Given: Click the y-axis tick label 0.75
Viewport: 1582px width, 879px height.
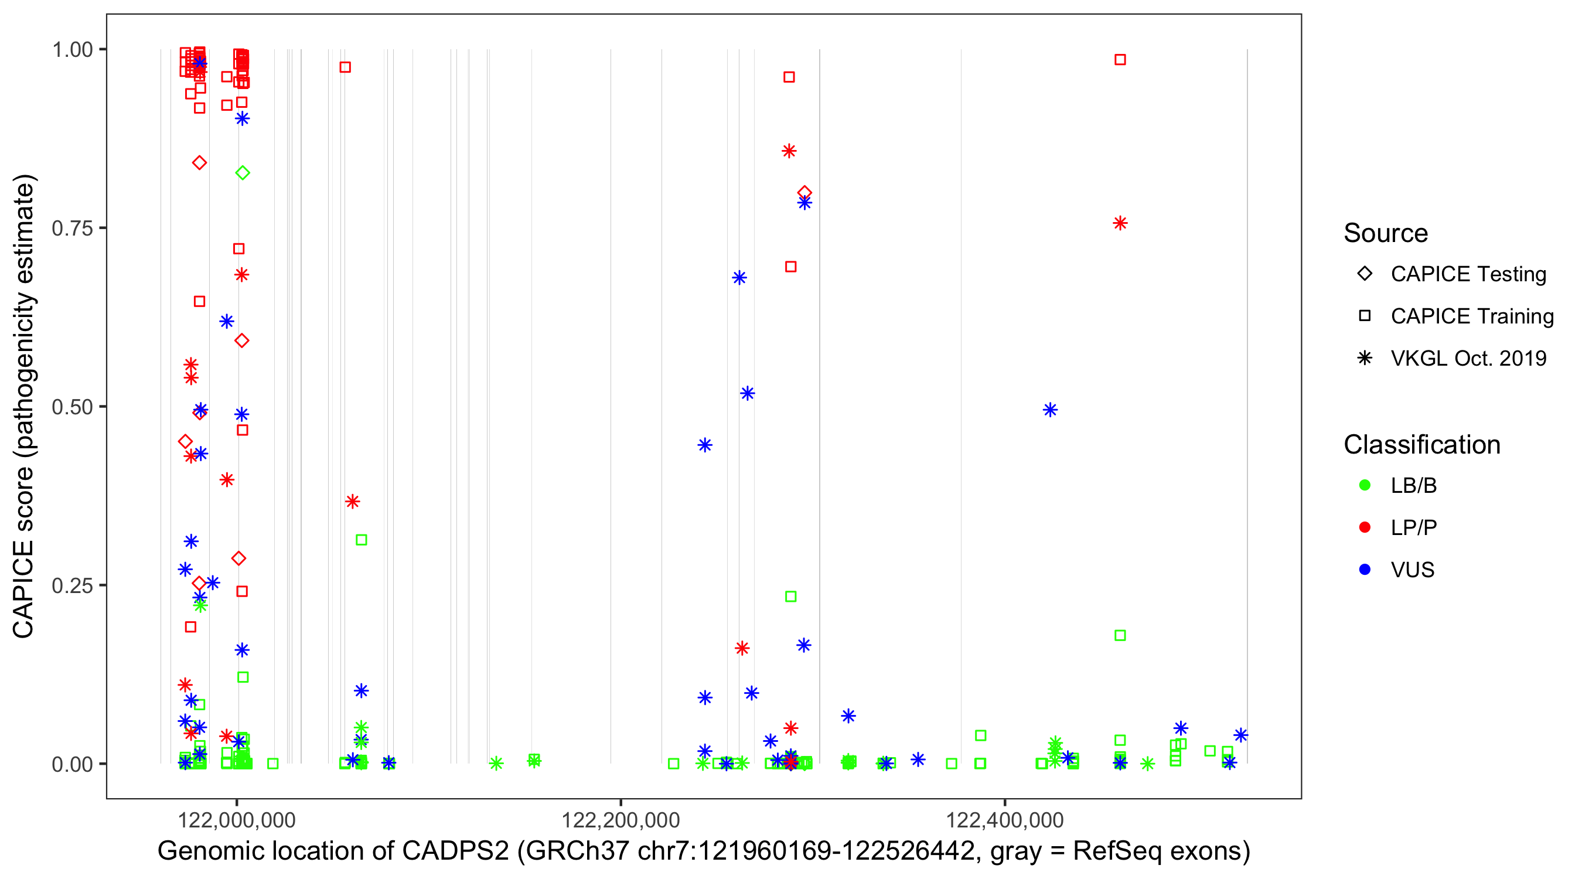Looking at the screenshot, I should (72, 229).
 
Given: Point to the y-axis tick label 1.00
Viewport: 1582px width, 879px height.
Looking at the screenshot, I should (72, 50).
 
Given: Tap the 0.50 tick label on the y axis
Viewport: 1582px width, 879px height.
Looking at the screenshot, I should (72, 407).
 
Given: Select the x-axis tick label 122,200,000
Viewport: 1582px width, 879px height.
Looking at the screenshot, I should (620, 820).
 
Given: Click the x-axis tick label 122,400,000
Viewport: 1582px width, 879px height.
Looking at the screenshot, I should (1004, 820).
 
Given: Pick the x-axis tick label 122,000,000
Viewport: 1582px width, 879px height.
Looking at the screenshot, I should (237, 820).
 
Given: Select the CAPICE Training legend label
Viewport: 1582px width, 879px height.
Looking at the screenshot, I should (1472, 316).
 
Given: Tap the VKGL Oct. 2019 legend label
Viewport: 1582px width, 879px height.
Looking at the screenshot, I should (1468, 359).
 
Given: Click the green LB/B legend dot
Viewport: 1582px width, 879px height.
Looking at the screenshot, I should (1365, 485).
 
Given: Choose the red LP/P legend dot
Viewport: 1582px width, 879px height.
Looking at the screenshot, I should (1365, 527).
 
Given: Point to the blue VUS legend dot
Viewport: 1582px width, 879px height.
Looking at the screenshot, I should (1365, 570).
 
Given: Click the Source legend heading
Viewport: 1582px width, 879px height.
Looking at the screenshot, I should (1386, 233).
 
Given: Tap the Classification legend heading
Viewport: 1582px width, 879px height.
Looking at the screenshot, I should (1421, 445).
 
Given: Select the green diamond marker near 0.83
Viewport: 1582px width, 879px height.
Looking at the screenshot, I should (243, 173).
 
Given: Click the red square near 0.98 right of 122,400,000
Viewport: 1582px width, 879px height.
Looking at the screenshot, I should (1120, 60).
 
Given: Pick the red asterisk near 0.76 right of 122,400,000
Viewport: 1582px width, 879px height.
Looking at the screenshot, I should (1120, 223).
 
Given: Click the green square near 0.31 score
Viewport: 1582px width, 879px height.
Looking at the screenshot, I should (361, 540).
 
